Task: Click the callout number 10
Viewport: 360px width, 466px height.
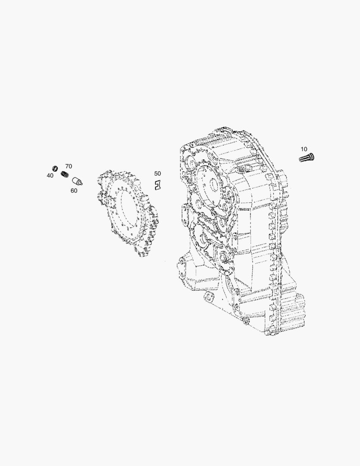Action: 304,149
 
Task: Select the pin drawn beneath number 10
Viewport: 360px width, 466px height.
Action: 307,157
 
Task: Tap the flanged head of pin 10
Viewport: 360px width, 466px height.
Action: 312,156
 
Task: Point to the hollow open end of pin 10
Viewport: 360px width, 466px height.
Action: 301,160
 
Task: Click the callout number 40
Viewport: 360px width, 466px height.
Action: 50,176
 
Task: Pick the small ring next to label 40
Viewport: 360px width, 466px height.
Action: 55,168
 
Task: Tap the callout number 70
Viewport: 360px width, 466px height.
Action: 69,167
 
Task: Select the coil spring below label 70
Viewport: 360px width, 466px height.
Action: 65,174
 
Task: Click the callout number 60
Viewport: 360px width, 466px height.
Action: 74,191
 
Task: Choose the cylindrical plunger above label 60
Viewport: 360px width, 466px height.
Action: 77,181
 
